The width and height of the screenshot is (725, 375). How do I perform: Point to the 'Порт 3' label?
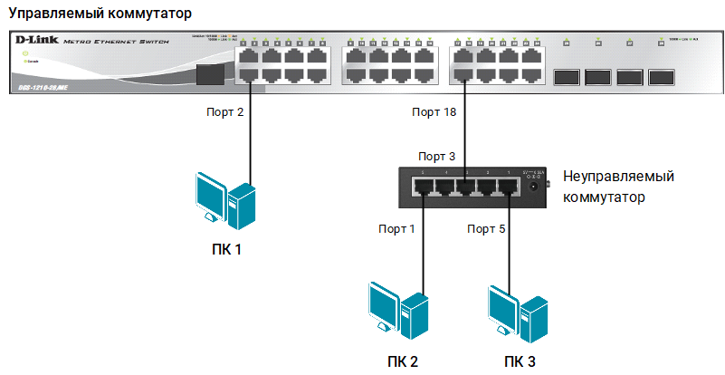[x=436, y=156]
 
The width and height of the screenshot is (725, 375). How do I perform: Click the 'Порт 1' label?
[x=396, y=227]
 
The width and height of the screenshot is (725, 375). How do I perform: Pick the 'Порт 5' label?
[x=485, y=227]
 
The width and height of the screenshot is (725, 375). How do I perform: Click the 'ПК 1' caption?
[x=226, y=248]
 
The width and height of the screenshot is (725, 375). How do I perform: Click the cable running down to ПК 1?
[x=249, y=136]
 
